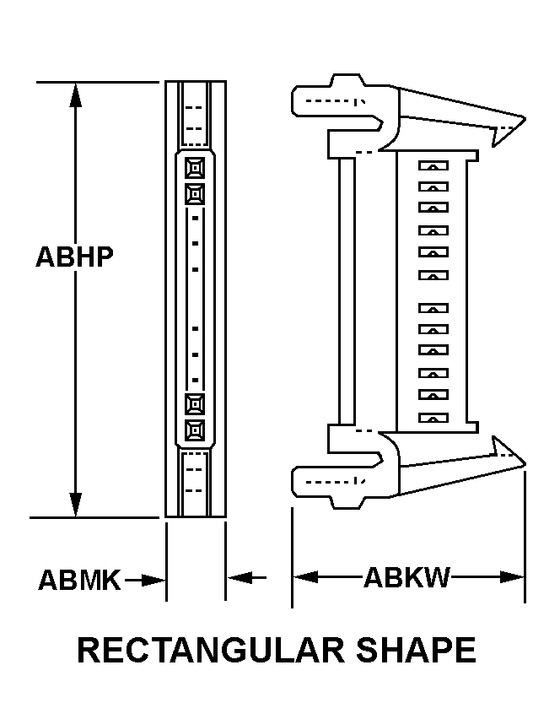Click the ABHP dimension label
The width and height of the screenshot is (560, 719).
coord(74,257)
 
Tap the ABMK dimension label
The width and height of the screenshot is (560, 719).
coord(80,580)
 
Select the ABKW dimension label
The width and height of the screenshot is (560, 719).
coord(407,578)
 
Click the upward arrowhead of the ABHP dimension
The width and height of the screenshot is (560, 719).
coord(76,95)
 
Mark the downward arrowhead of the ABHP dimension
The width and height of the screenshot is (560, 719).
coord(76,505)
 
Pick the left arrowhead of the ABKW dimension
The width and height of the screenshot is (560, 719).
coord(304,577)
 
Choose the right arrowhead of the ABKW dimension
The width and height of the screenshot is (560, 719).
coord(513,577)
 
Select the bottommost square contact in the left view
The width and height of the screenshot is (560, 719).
coord(195,430)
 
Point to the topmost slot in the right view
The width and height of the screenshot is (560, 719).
coord(433,167)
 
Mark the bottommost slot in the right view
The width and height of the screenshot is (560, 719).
coord(433,418)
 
